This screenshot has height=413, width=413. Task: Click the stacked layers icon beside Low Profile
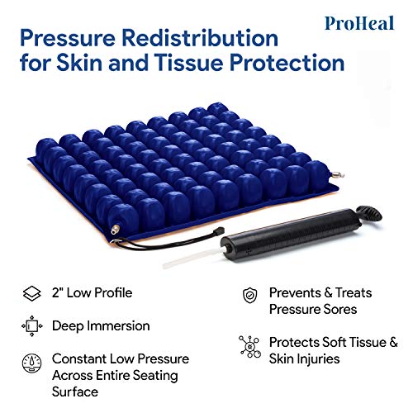31,292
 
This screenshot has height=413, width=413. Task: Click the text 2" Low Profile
90,292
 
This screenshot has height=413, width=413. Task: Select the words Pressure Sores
312,308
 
